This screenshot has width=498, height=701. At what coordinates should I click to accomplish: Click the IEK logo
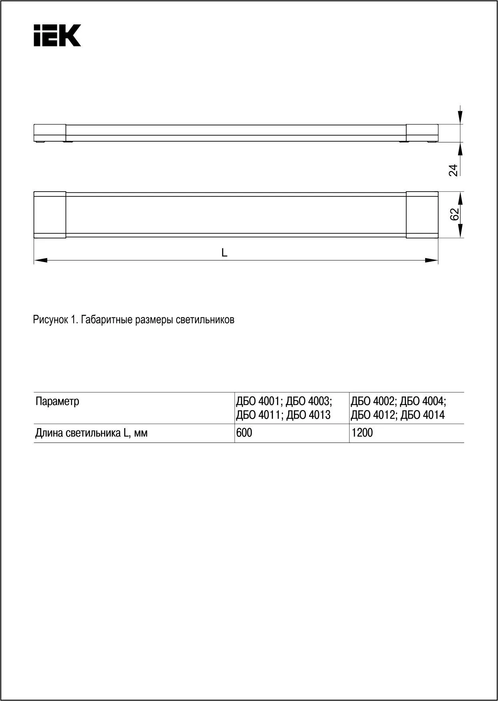tap(57, 36)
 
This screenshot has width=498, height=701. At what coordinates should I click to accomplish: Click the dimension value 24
tap(453, 170)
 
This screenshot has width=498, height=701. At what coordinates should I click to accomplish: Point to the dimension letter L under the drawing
tap(225, 253)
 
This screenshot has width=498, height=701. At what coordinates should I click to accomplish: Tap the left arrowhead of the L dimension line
tap(40, 260)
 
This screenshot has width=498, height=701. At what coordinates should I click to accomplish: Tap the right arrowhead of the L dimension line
tap(432, 260)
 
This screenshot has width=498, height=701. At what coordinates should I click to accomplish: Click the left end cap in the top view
tap(50, 215)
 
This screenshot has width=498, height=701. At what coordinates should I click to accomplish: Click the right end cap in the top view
tap(422, 215)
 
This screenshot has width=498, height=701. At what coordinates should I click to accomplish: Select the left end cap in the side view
tap(50, 132)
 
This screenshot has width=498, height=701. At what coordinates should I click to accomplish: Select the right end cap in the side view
tap(422, 132)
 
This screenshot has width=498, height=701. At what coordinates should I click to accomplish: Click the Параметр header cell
tap(58, 401)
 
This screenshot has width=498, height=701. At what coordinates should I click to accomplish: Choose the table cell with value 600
tap(244, 433)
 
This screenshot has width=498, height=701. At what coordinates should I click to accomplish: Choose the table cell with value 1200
tap(362, 433)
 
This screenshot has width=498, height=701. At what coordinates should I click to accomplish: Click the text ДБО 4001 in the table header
tap(259, 401)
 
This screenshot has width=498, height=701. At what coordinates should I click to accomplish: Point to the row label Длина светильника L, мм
tap(91, 433)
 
